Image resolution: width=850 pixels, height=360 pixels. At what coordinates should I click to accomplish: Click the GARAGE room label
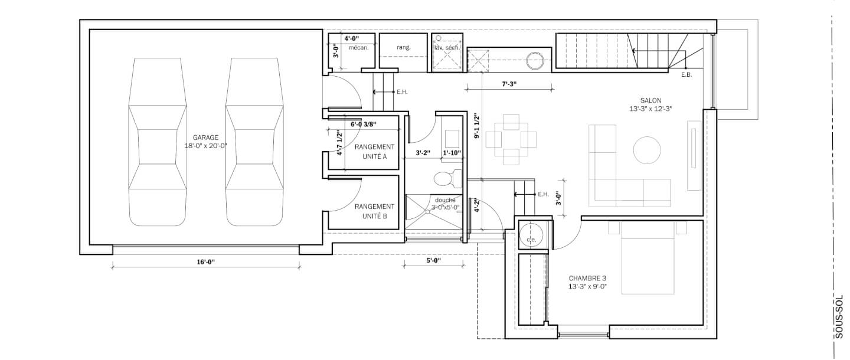tap(205, 138)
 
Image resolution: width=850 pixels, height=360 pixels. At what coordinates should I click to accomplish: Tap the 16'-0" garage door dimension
tap(205, 262)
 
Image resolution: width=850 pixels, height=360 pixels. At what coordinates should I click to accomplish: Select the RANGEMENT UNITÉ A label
tap(374, 151)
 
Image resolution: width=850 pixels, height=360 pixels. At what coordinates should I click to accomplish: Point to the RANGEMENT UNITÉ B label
tap(374, 211)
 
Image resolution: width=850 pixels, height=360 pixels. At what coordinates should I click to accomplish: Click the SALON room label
tap(650, 100)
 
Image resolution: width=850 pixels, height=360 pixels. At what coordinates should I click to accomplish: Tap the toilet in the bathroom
tap(447, 179)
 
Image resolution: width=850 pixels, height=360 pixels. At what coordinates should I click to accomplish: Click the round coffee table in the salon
tap(647, 150)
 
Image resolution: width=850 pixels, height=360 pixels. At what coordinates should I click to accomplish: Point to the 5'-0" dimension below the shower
tap(433, 261)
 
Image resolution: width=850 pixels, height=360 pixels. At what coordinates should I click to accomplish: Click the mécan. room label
tap(358, 48)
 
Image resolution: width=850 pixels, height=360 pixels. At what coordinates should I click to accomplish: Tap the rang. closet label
tap(403, 47)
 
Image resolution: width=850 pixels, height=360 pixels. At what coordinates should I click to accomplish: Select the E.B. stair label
tap(686, 75)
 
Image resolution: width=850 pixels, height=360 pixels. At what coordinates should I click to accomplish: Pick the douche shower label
tap(445, 200)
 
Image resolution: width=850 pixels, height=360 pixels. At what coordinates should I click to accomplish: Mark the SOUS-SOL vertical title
tap(839, 316)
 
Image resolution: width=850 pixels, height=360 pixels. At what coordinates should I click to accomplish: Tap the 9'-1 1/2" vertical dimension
tap(476, 127)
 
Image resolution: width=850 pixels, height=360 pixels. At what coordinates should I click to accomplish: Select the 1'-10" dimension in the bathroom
tap(452, 153)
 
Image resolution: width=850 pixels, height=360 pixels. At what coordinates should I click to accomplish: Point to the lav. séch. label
tap(447, 48)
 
